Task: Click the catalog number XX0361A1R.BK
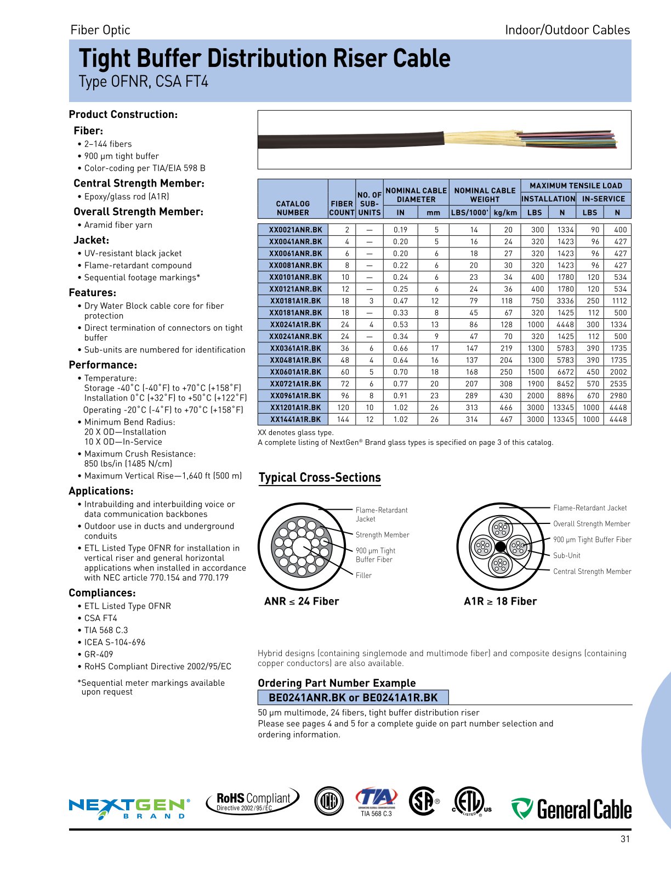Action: click(x=295, y=348)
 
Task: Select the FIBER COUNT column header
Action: click(x=342, y=208)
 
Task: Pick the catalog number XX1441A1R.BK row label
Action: click(x=295, y=419)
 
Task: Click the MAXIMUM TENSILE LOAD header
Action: click(x=576, y=186)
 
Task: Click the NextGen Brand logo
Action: click(x=129, y=808)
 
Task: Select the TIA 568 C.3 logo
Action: click(x=376, y=802)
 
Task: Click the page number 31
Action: click(x=625, y=839)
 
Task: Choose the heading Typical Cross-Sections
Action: click(x=320, y=478)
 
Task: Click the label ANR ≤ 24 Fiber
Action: click(x=302, y=601)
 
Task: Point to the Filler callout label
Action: click(x=363, y=575)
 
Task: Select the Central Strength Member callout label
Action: click(x=592, y=572)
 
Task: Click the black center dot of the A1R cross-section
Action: click(x=500, y=546)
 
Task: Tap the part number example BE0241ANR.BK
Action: click(x=307, y=698)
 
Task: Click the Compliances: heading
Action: click(x=102, y=593)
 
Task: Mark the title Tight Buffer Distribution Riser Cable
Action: click(x=265, y=59)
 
